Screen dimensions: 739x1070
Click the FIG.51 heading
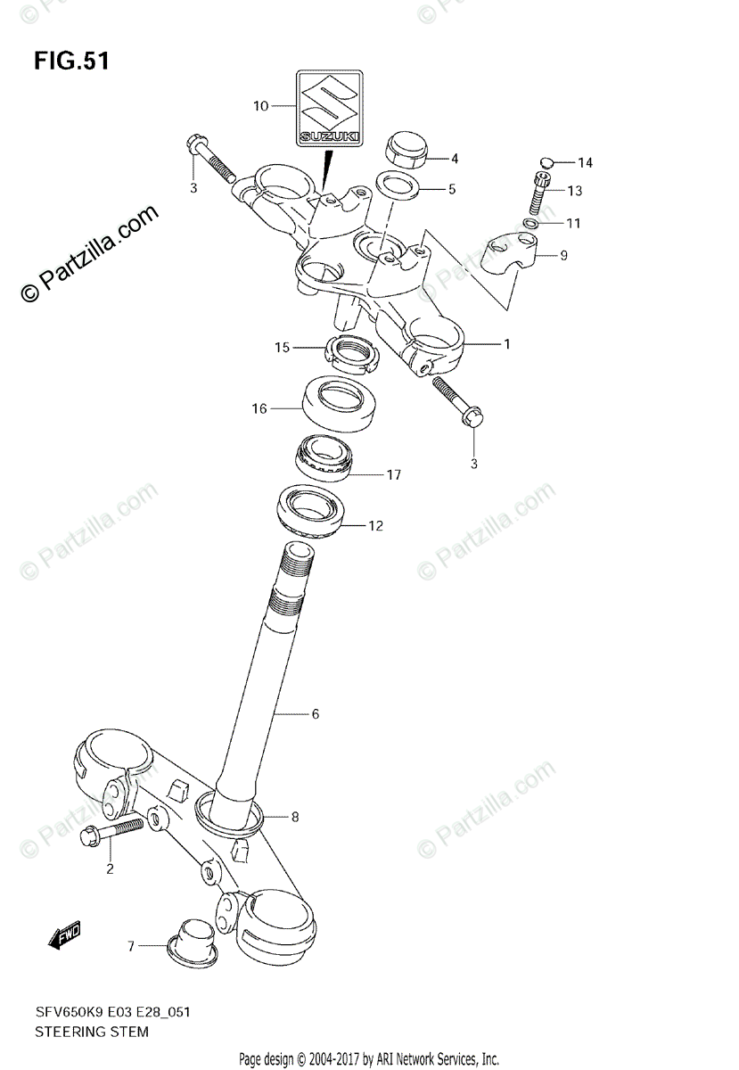click(71, 62)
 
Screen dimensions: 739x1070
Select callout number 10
click(260, 106)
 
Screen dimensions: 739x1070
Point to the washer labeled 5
click(398, 187)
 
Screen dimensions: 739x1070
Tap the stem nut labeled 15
click(355, 354)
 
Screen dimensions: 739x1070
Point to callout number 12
click(375, 526)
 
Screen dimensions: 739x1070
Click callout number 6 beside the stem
click(315, 713)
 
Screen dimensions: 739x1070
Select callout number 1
click(506, 344)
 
